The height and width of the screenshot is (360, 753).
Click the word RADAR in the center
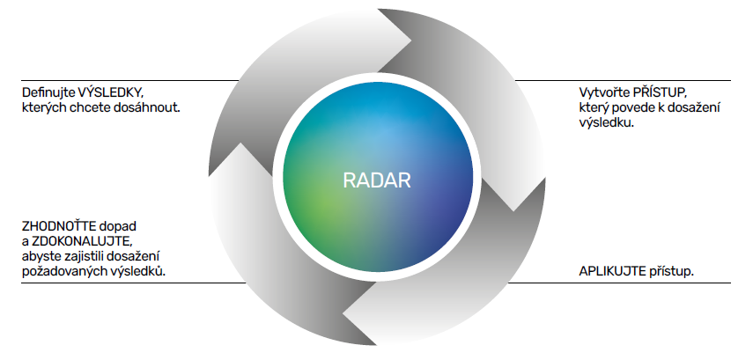tap(376, 181)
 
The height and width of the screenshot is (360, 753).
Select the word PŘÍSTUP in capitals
tap(665, 92)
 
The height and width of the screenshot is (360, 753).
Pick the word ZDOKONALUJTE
tap(82, 240)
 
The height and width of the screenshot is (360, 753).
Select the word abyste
tap(41, 255)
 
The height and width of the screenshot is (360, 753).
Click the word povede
tap(641, 108)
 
